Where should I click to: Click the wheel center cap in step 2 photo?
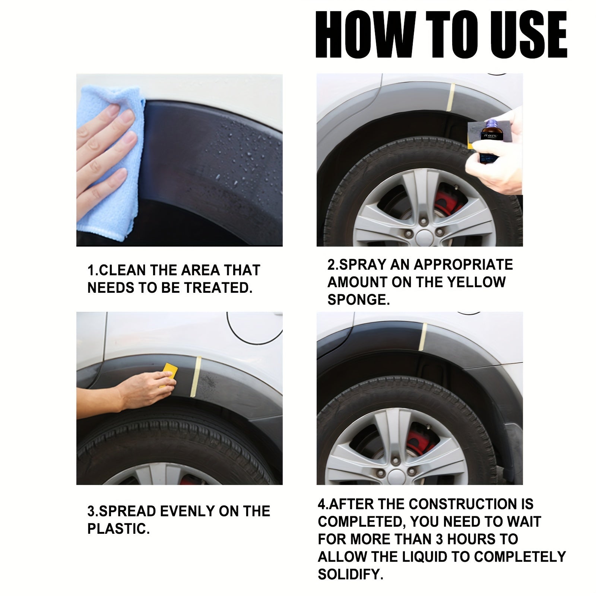pos(424,237)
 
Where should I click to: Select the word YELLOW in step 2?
pos(476,282)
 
